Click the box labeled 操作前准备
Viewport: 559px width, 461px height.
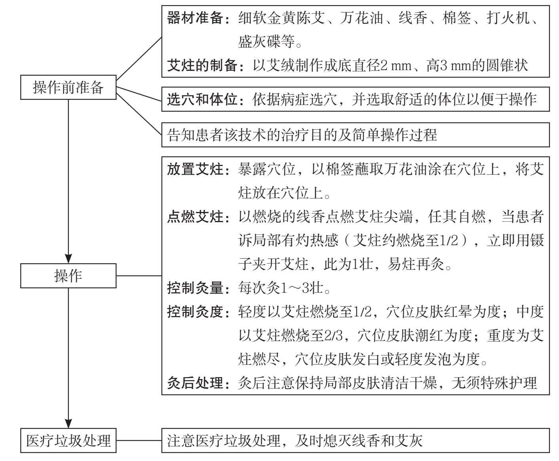tap(68, 87)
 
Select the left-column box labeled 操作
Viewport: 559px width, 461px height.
tap(68, 276)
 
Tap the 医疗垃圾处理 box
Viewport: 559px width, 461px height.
tap(68, 440)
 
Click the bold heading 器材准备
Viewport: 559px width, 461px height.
tap(195, 18)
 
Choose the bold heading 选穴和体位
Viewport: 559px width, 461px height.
tap(202, 99)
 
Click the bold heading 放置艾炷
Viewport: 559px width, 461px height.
tap(195, 169)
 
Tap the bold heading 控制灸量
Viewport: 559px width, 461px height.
tap(195, 288)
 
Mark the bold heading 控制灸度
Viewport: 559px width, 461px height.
tap(195, 312)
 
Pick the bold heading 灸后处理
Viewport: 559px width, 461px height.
tap(195, 383)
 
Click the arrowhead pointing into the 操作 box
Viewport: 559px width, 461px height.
tap(68, 259)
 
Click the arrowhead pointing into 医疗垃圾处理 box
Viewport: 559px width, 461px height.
tap(68, 423)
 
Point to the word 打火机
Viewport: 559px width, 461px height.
tap(508, 18)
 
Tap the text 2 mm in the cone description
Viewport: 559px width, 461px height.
tap(396, 66)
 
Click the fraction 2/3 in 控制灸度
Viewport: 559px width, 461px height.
tap(333, 335)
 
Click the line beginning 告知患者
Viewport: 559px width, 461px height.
tap(302, 135)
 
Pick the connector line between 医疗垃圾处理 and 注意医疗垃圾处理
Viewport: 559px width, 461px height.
tap(139, 440)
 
